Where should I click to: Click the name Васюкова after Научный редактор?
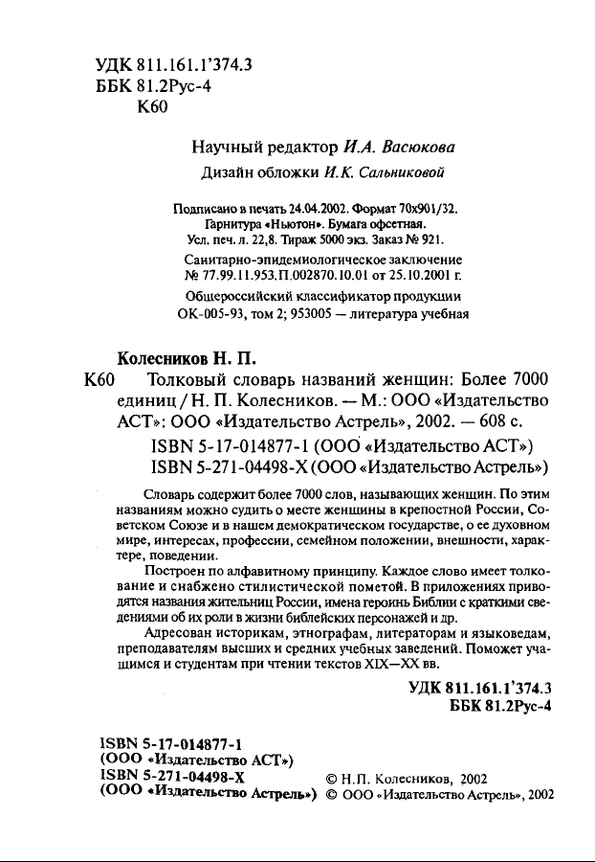pyautogui.click(x=414, y=148)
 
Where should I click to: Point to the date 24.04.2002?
pyautogui.click(x=275, y=208)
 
